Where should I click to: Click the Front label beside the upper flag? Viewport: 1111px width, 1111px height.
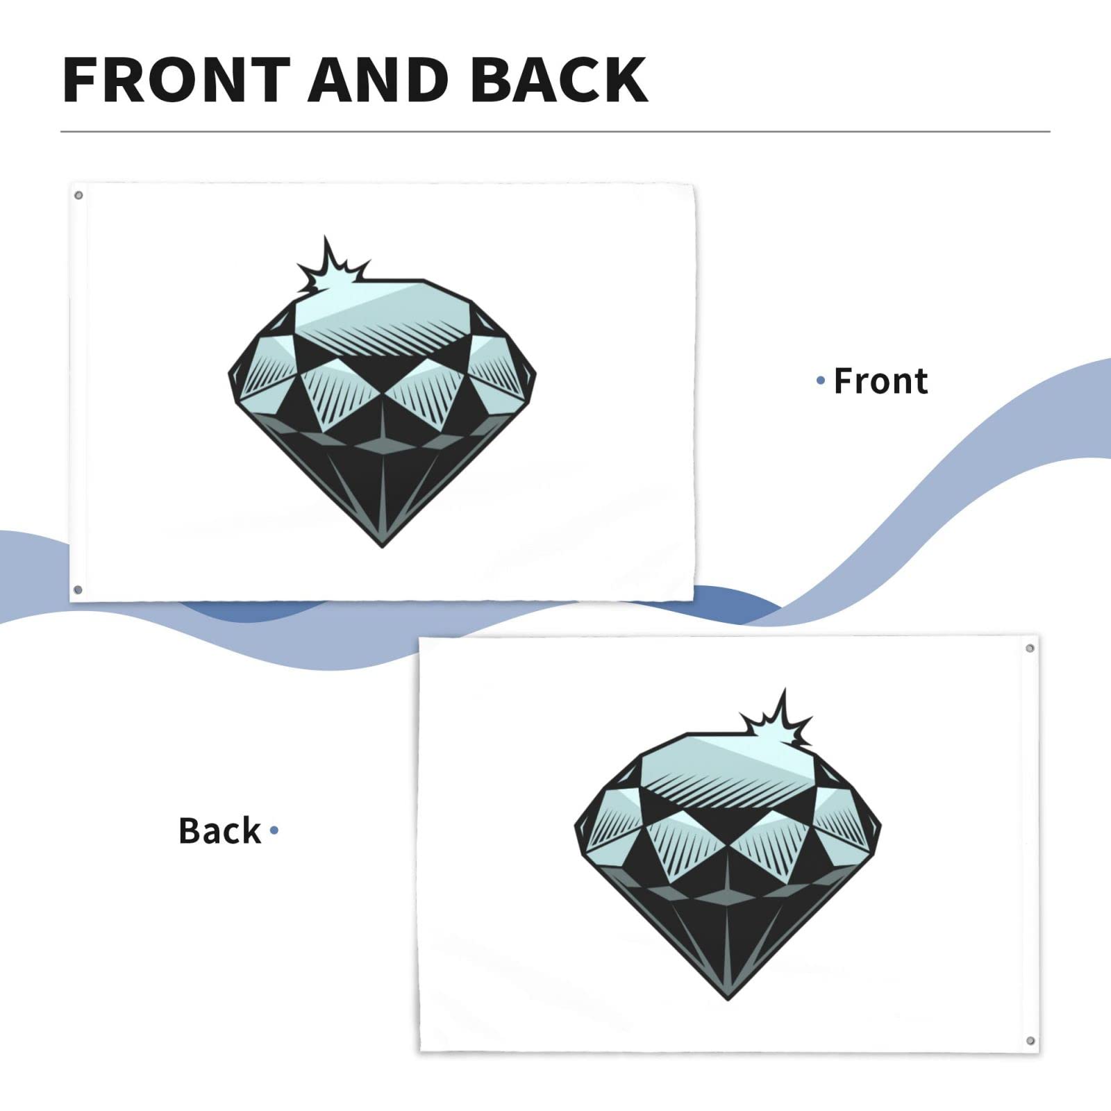point(880,381)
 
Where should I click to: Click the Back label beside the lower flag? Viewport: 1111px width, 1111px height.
point(219,830)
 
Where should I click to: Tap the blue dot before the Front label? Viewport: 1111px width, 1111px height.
point(821,381)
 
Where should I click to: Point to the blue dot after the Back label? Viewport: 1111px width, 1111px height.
point(274,830)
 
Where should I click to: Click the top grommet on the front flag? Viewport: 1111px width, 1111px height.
point(78,195)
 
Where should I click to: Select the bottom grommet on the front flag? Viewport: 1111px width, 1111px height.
point(78,590)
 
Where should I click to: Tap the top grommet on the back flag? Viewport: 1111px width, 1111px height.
point(1030,648)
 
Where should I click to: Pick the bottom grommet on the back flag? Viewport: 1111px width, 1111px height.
point(1030,1041)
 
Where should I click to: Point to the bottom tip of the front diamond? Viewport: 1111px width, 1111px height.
point(382,547)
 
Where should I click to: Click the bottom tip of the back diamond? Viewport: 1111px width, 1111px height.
point(728,999)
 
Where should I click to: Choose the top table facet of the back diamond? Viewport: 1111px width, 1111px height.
point(728,764)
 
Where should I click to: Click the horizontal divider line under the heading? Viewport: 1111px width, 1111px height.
point(555,131)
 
